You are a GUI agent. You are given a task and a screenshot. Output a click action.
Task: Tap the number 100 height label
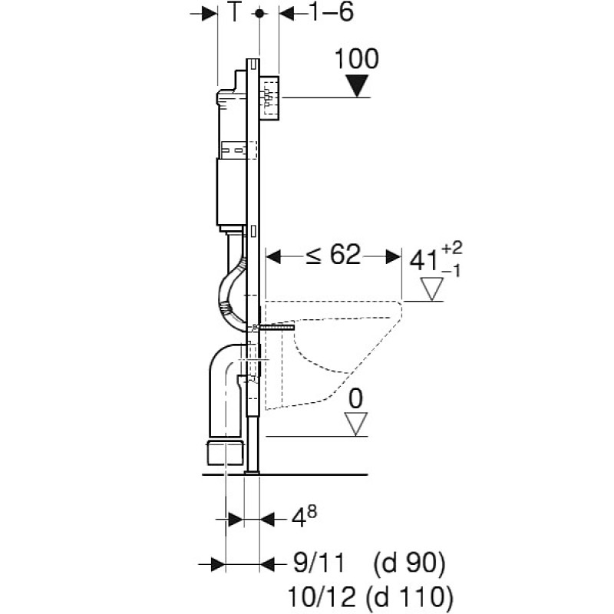357,59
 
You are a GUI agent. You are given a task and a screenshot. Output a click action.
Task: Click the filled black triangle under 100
357,85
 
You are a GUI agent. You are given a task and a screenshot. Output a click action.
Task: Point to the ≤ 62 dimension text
333,255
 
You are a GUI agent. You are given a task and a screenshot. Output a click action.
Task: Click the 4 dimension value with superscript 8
299,520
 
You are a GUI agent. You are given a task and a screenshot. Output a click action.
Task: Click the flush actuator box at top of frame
271,98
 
